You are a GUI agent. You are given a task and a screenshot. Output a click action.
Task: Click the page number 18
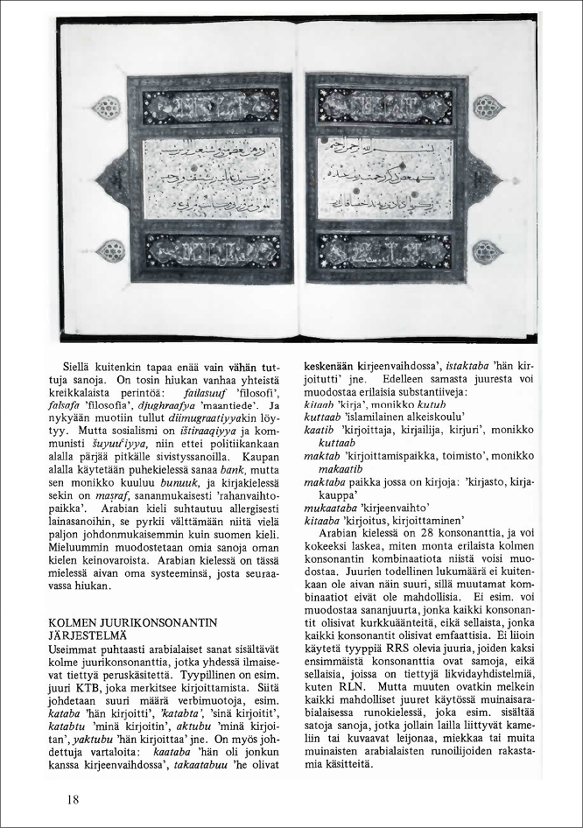pos(73,799)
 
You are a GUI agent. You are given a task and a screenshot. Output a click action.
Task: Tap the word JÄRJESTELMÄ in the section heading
pos(89,635)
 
